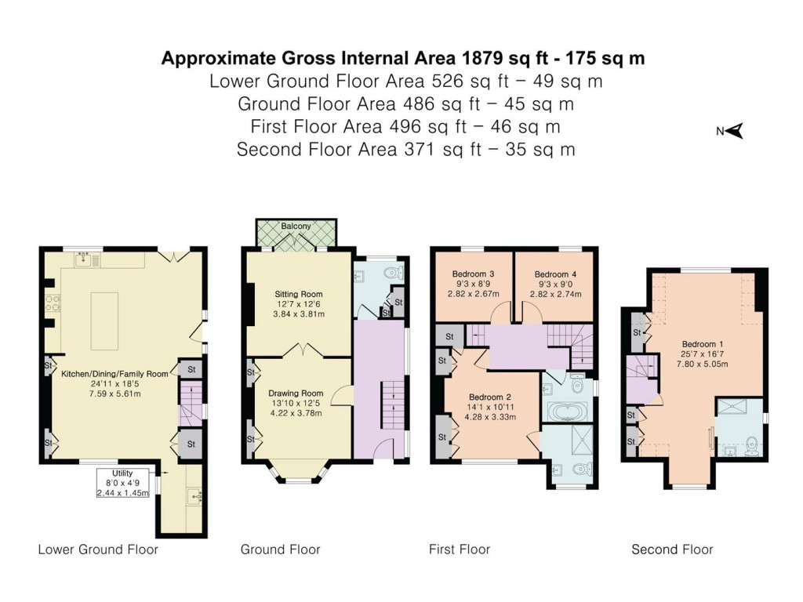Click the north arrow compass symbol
tap(734, 132)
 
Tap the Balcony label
tap(296, 227)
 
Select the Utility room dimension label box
tap(123, 483)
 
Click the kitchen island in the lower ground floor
tap(104, 320)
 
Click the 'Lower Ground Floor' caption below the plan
tap(98, 549)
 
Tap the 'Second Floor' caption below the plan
tap(672, 549)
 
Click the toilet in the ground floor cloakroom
tap(394, 272)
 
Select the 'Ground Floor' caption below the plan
tap(280, 549)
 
